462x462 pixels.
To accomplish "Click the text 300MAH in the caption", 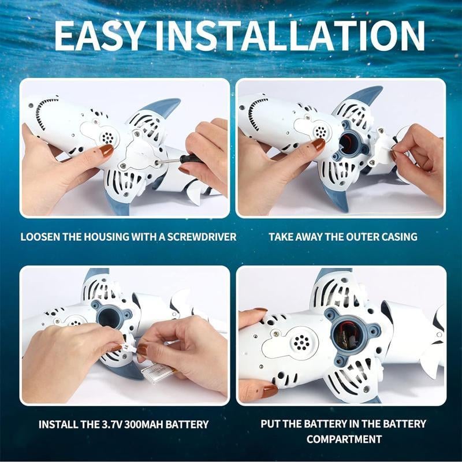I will pos(151,424).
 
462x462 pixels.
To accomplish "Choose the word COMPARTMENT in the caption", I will pos(344,439).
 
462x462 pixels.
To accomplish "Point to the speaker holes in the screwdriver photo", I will pos(107,138).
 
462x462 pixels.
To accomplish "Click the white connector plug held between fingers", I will pos(127,349).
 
